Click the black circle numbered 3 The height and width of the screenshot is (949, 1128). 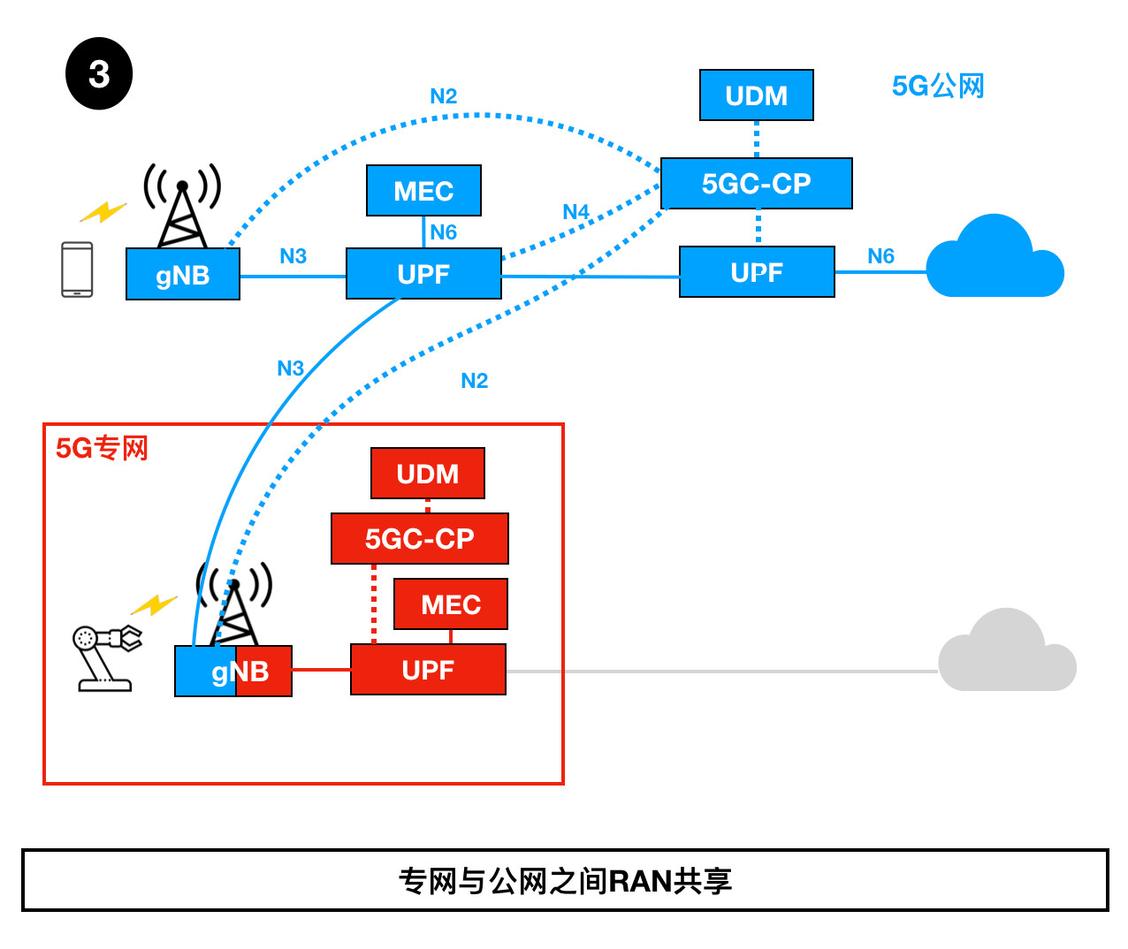[99, 73]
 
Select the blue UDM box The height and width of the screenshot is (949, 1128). [756, 95]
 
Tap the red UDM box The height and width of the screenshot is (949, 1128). [427, 474]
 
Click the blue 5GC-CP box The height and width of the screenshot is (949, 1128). [756, 184]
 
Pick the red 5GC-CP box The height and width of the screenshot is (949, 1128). [419, 538]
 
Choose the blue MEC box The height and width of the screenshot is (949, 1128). [423, 191]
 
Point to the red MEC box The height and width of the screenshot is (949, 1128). [450, 604]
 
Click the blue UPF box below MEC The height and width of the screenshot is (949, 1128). [423, 274]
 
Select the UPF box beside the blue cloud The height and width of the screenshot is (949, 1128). [756, 272]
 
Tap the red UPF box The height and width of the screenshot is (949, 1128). [428, 670]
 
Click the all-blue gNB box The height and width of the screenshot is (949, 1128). [182, 275]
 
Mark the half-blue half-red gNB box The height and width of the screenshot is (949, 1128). [233, 672]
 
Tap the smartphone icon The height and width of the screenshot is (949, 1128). [77, 270]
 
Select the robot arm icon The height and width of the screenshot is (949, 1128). [104, 657]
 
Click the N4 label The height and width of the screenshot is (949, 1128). [575, 212]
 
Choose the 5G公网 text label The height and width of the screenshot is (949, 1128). [937, 87]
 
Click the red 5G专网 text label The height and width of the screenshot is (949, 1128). [102, 449]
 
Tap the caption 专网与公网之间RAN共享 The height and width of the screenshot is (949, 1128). [565, 881]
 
